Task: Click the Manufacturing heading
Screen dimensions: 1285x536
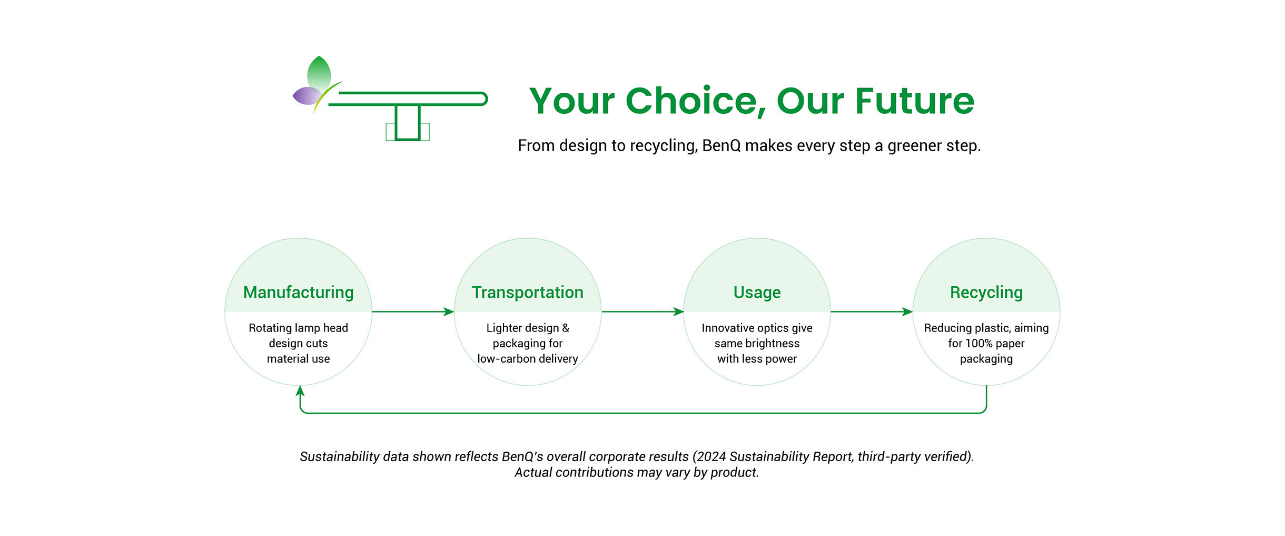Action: [x=298, y=293]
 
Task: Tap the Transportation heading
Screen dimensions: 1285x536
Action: [x=528, y=293]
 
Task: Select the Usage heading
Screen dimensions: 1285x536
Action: [x=757, y=293]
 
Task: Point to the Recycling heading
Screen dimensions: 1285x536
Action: [x=986, y=293]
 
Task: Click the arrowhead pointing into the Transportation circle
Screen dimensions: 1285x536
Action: [x=449, y=311]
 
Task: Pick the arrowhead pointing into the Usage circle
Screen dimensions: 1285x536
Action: [x=678, y=311]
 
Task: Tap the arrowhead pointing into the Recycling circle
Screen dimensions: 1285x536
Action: [x=907, y=311]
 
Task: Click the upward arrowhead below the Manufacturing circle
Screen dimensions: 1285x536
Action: [x=300, y=391]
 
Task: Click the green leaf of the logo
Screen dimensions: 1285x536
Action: [x=319, y=72]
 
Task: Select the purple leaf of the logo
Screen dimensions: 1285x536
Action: [x=307, y=95]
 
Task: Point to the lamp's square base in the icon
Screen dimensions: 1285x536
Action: [x=408, y=123]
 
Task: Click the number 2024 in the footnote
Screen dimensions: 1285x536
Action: [x=711, y=456]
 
